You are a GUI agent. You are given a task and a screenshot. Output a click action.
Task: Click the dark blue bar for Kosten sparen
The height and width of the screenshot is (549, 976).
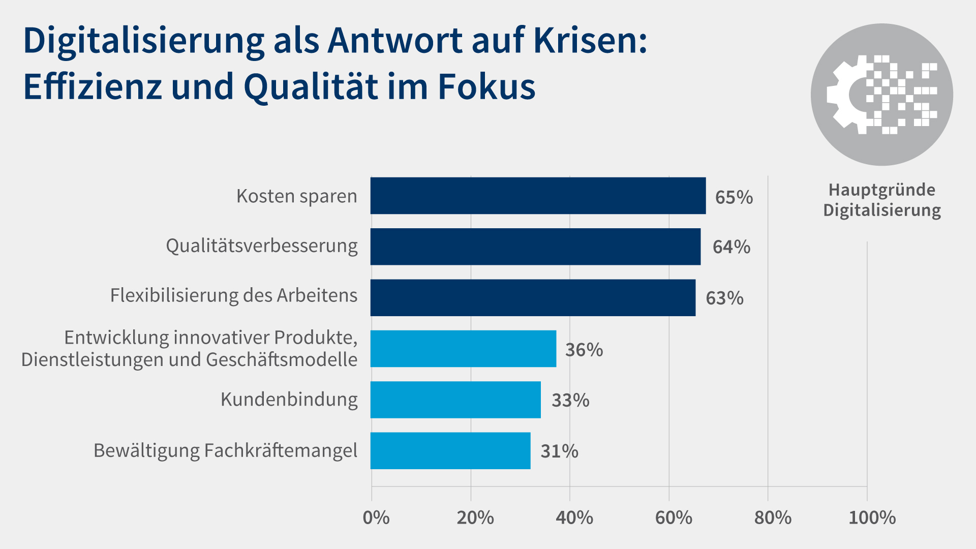(538, 196)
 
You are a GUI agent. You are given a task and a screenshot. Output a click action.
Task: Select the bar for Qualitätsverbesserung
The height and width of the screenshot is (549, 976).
(535, 247)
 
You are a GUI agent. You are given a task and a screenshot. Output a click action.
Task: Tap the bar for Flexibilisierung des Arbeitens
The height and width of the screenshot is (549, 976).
(533, 297)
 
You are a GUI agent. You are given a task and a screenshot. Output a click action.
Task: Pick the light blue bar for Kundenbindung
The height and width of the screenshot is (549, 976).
(455, 400)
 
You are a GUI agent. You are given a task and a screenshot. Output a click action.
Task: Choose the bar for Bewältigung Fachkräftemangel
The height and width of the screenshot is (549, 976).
(450, 451)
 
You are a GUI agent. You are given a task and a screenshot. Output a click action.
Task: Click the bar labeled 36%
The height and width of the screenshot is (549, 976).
(463, 349)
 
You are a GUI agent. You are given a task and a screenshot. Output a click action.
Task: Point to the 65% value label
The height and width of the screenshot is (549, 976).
(734, 197)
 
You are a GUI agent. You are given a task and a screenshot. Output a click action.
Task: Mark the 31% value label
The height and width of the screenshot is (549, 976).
(559, 451)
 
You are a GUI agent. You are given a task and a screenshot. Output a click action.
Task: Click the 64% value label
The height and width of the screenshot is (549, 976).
(731, 247)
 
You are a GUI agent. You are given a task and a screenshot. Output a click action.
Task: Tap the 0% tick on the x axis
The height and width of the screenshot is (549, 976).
(376, 518)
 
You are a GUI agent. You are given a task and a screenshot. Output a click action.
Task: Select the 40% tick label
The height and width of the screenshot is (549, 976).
(574, 518)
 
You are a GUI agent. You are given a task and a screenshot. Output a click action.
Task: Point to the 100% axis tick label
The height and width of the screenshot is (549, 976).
(872, 518)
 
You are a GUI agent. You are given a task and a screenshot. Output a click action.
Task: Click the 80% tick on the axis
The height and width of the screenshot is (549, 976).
(773, 518)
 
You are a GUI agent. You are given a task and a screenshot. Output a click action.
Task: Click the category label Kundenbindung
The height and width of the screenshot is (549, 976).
(289, 400)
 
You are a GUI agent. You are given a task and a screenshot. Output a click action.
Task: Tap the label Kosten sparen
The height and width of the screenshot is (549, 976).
(296, 196)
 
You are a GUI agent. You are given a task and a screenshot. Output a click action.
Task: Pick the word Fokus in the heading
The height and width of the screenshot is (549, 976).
(486, 86)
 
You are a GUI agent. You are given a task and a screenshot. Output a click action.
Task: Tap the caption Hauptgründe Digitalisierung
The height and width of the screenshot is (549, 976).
(882, 200)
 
